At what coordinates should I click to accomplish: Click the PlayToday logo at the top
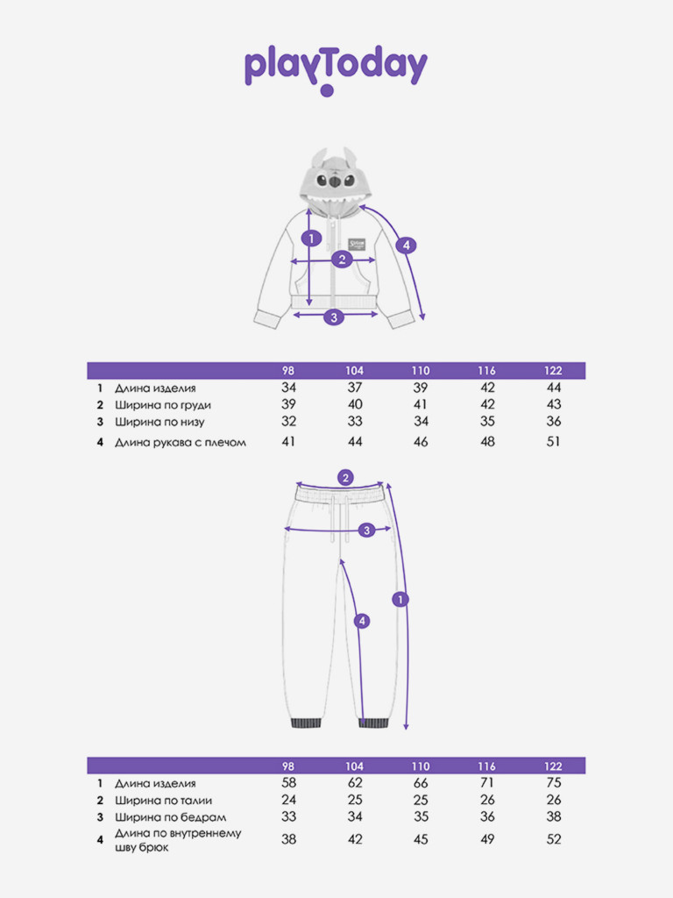pyautogui.click(x=336, y=69)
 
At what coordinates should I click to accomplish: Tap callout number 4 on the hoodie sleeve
pyautogui.click(x=406, y=246)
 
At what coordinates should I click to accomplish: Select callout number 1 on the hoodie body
pyautogui.click(x=311, y=238)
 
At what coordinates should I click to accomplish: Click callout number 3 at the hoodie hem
pyautogui.click(x=334, y=316)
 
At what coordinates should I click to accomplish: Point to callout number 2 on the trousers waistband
pyautogui.click(x=345, y=478)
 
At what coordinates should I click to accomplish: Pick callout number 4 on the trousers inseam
pyautogui.click(x=362, y=621)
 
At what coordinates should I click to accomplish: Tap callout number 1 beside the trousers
pyautogui.click(x=400, y=599)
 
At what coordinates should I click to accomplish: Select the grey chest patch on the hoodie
pyautogui.click(x=357, y=244)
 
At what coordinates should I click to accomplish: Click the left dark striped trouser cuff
pyautogui.click(x=306, y=723)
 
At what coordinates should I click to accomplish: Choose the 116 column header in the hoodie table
pyautogui.click(x=487, y=371)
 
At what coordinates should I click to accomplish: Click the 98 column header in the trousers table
pyautogui.click(x=288, y=766)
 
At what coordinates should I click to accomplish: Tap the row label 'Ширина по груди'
pyautogui.click(x=162, y=405)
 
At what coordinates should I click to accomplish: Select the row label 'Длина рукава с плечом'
pyautogui.click(x=181, y=442)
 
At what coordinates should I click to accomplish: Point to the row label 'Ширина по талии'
pyautogui.click(x=163, y=800)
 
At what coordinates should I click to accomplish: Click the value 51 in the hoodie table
pyautogui.click(x=553, y=442)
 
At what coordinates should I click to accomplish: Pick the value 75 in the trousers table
pyautogui.click(x=554, y=783)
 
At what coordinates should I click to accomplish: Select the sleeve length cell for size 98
pyautogui.click(x=288, y=442)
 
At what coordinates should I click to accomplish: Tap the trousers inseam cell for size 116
pyautogui.click(x=487, y=839)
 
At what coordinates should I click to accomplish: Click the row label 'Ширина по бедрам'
pyautogui.click(x=170, y=817)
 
